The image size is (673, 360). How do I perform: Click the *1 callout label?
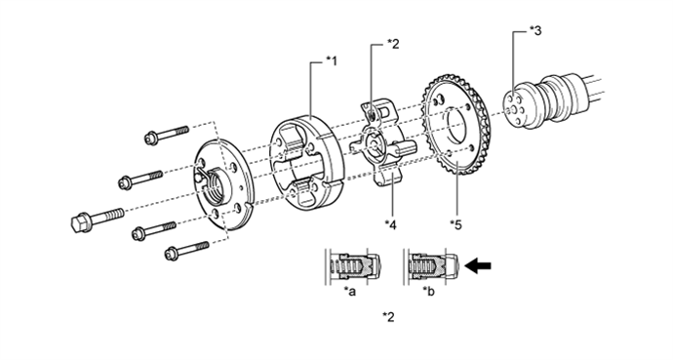point(332,61)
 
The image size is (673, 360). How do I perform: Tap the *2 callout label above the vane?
point(393,44)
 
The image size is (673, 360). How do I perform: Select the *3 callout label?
point(535,30)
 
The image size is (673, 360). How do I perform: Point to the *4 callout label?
point(390,224)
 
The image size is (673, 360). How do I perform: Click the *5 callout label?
point(455,224)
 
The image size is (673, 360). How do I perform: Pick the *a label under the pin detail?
point(350,292)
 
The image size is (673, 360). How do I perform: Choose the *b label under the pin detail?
point(428,292)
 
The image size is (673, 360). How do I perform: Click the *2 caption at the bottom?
point(388,317)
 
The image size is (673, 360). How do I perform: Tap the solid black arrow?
point(478,265)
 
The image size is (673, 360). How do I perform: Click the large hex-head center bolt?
point(97,219)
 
